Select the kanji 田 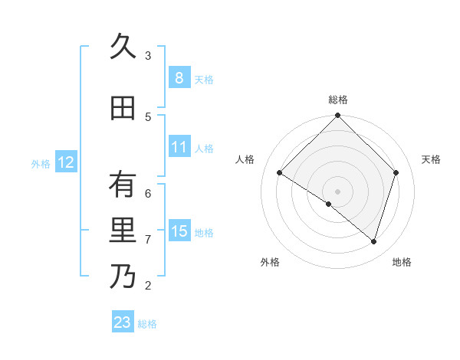click(x=123, y=108)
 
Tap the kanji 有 click(x=123, y=185)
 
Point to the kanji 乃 click(x=123, y=277)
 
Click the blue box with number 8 click(x=179, y=78)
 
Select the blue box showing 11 click(x=179, y=147)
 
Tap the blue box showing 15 click(x=179, y=231)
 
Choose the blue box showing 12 click(x=65, y=162)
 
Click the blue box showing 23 click(x=123, y=322)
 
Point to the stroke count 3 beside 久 click(x=148, y=56)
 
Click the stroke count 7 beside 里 click(x=148, y=240)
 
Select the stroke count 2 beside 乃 click(x=148, y=286)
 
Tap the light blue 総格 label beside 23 click(x=147, y=324)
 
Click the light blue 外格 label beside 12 click(x=40, y=163)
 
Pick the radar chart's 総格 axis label click(x=337, y=100)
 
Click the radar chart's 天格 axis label click(x=431, y=159)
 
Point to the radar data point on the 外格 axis click(x=329, y=204)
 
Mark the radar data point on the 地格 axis click(x=373, y=241)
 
